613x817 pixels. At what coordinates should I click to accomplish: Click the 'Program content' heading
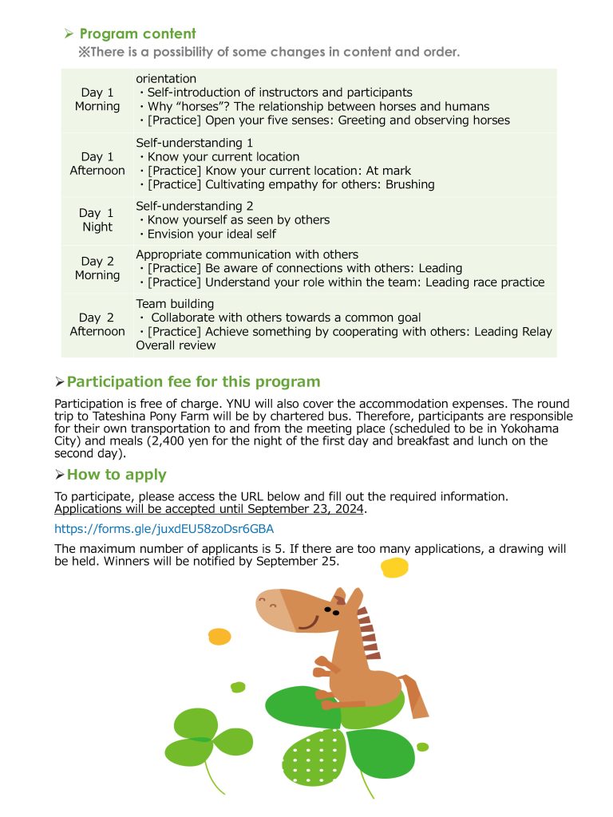(x=137, y=34)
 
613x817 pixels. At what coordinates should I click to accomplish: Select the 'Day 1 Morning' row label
(x=97, y=100)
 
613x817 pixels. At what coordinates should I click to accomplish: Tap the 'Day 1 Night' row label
(x=97, y=220)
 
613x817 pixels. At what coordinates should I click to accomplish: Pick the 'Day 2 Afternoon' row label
(x=97, y=325)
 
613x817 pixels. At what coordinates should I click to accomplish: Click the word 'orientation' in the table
(x=166, y=78)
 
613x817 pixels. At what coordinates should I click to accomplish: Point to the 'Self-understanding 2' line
(x=195, y=206)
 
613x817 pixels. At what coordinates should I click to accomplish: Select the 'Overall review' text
(x=176, y=345)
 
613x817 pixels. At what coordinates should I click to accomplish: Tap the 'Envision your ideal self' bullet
(x=212, y=234)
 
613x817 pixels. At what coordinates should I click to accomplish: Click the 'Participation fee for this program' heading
(x=193, y=382)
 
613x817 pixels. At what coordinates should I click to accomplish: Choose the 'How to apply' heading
(x=117, y=475)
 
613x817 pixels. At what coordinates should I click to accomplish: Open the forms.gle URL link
(x=164, y=528)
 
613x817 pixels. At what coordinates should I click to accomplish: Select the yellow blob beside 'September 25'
(x=394, y=567)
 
